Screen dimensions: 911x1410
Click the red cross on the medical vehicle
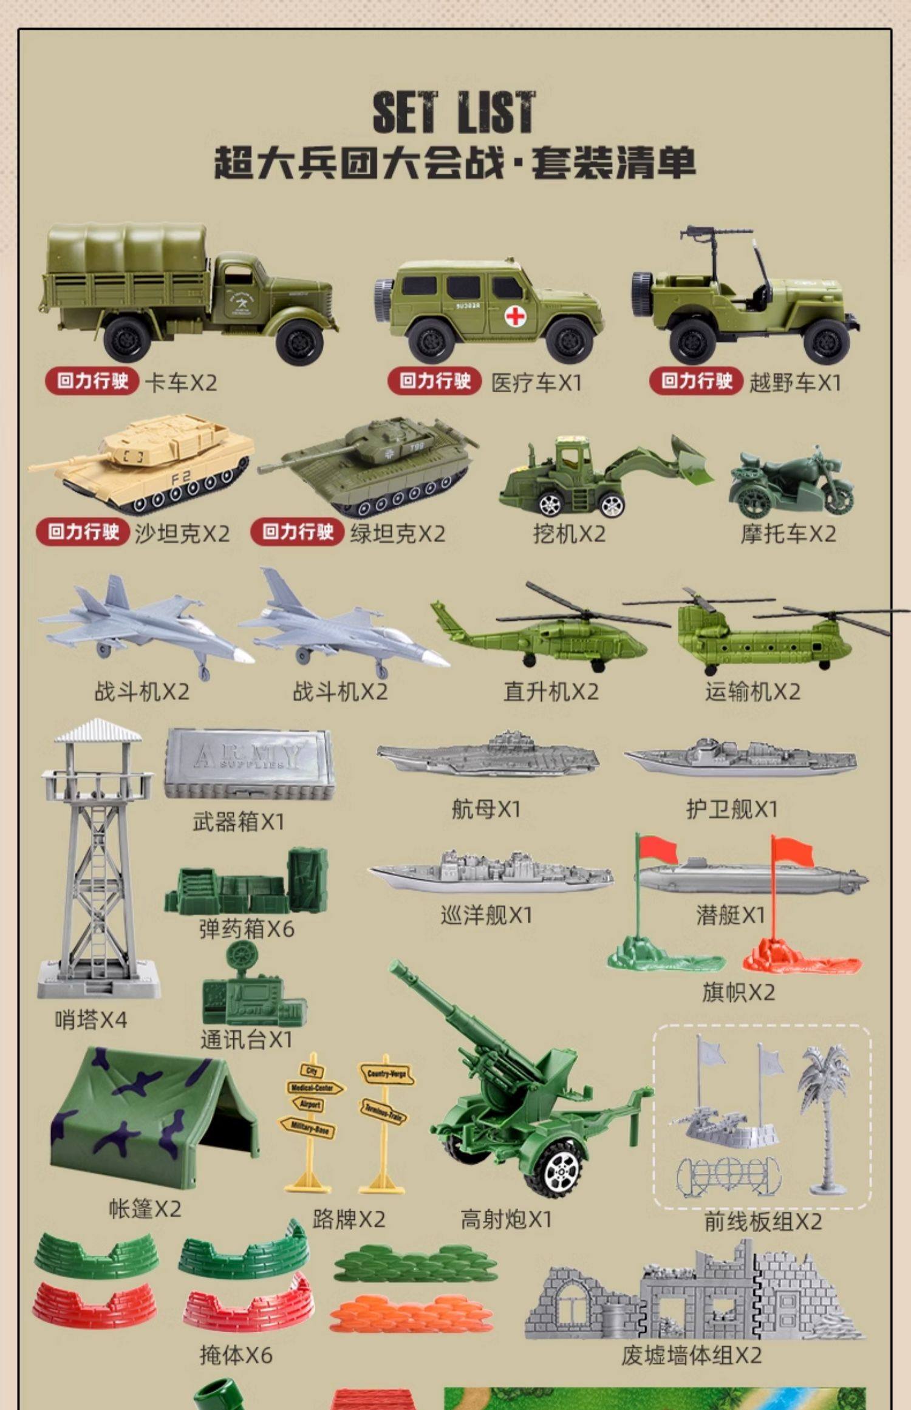(515, 316)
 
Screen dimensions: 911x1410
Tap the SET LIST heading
(454, 112)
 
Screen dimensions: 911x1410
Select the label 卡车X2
(180, 383)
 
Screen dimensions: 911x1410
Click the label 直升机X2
(550, 692)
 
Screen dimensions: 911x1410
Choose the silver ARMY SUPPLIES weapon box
(248, 763)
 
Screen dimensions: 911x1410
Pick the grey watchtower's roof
(98, 731)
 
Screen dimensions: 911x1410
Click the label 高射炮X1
(506, 1219)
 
